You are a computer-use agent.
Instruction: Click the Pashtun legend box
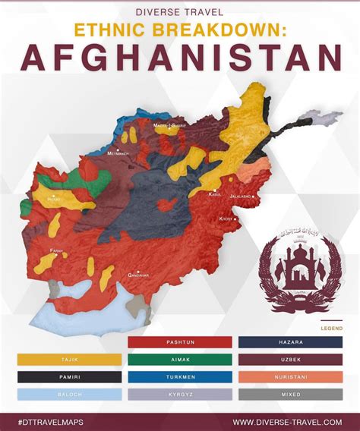coord(180,342)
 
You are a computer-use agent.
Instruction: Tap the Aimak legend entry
coord(180,360)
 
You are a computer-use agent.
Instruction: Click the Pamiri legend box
coord(69,377)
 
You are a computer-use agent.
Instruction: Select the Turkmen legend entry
coord(180,377)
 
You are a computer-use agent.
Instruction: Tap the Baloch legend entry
coord(69,395)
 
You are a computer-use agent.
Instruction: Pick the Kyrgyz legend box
coord(180,395)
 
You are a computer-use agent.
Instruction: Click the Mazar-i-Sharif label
coord(169,126)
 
